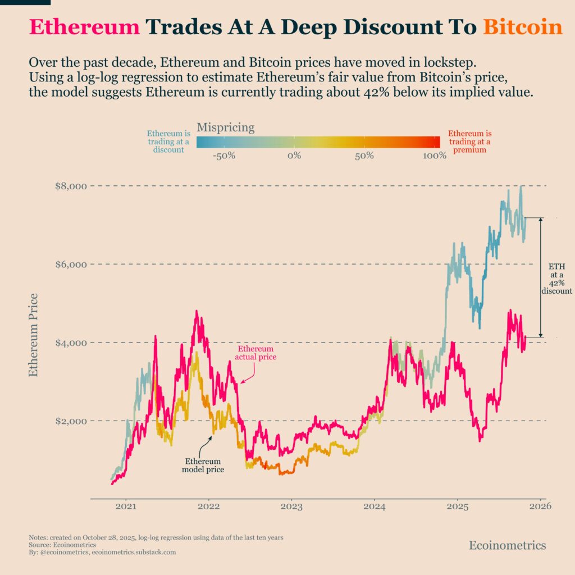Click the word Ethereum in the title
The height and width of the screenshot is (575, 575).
point(84,27)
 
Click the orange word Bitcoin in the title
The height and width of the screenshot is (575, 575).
point(522,27)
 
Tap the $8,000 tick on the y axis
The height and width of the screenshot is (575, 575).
point(71,186)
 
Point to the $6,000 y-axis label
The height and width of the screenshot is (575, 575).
point(71,264)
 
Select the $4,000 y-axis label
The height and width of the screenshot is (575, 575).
point(71,343)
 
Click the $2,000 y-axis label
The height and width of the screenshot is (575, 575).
point(71,421)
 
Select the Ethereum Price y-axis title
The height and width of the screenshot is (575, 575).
point(33,335)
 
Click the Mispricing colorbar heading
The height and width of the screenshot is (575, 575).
point(225,127)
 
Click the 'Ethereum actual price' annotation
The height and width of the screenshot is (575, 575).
point(255,353)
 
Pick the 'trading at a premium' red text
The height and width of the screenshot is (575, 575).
point(469,142)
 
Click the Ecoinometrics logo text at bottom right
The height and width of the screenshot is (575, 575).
point(507,545)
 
